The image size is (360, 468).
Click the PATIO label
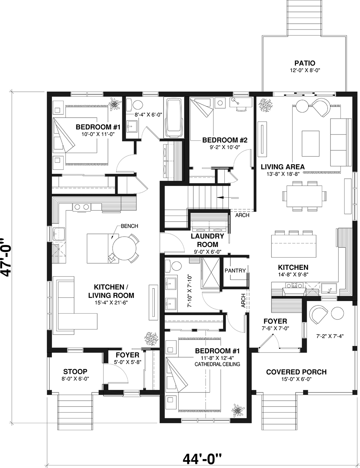coord(305,64)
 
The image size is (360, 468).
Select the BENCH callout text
coord(129,226)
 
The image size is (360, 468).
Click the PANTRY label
coord(235,271)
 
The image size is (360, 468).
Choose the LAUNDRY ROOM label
coord(207,240)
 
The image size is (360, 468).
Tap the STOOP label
coord(75,372)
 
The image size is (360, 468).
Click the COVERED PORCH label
coord(296,372)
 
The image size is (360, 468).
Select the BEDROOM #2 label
coord(225,140)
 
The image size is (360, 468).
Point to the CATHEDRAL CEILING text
coord(217,364)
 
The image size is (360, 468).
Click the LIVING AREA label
coord(283,167)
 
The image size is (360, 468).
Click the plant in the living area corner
coord(266,105)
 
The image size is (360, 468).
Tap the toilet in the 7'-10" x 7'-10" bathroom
coord(176,266)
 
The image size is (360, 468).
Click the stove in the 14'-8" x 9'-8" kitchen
coord(294,286)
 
